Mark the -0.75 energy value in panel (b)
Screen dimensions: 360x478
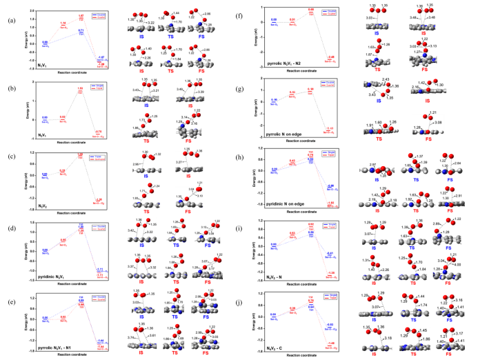pyautogui.click(x=99, y=131)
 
